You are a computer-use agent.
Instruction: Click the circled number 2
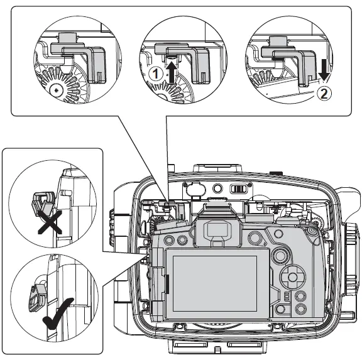click(323, 94)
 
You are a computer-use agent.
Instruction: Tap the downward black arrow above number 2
click(323, 75)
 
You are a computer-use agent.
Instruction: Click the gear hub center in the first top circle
click(57, 90)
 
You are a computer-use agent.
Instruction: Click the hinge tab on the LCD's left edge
click(168, 285)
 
